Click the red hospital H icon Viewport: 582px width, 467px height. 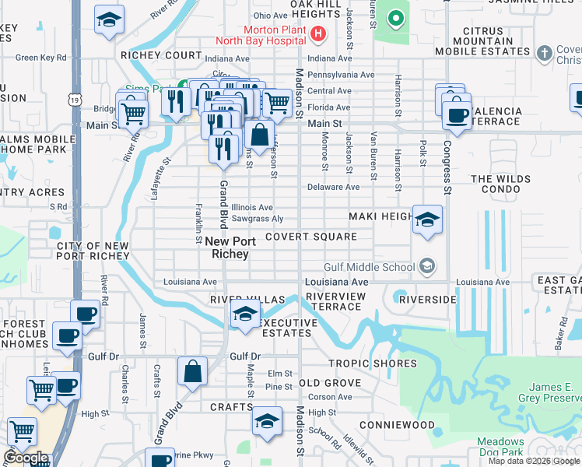pyautogui.click(x=317, y=33)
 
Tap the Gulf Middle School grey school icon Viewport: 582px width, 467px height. pyautogui.click(x=426, y=267)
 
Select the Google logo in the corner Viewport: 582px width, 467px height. pyautogui.click(x=26, y=458)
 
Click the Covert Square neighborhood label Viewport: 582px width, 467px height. pyautogui.click(x=310, y=237)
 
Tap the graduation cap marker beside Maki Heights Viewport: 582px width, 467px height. pyautogui.click(x=427, y=220)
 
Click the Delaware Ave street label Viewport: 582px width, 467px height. pyautogui.click(x=333, y=187)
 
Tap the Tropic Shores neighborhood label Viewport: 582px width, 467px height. pyautogui.click(x=372, y=363)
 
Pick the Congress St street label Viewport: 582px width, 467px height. pyautogui.click(x=447, y=167)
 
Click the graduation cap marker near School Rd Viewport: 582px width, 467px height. pyautogui.click(x=267, y=421)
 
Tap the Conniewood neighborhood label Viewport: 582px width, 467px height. pyautogui.click(x=397, y=426)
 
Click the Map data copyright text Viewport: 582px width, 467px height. pyautogui.click(x=533, y=461)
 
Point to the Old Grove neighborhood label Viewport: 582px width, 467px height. pyautogui.click(x=330, y=383)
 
